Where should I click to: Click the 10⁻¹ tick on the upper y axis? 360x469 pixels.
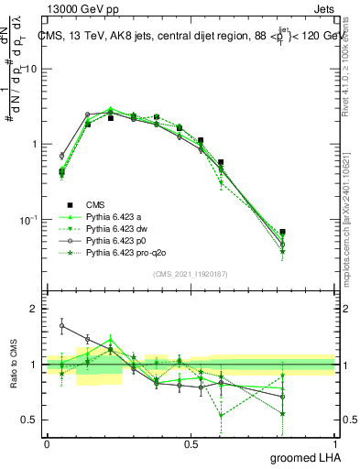[28, 220]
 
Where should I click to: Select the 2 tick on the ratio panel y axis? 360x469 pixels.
[34, 309]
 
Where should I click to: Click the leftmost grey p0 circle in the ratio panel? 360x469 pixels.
[61, 325]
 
